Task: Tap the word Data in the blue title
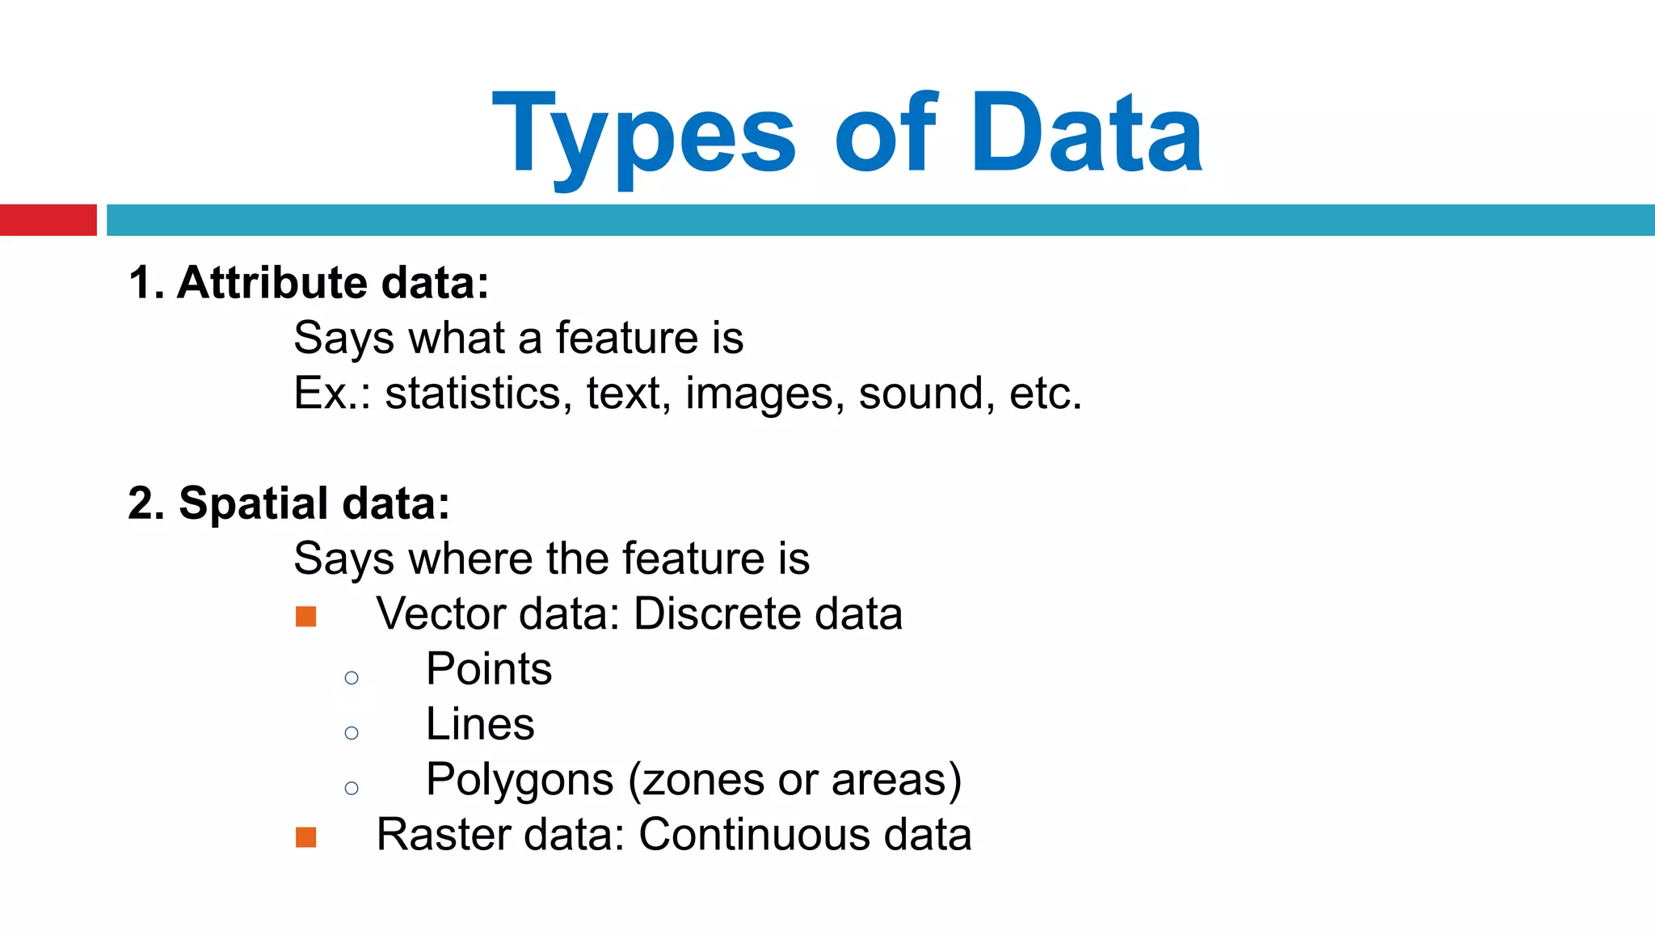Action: click(x=1087, y=133)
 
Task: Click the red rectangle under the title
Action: click(x=48, y=220)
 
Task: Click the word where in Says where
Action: click(x=470, y=558)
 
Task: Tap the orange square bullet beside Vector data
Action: click(x=306, y=617)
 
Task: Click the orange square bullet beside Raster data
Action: click(x=306, y=837)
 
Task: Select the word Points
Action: click(x=489, y=669)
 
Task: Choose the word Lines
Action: click(x=480, y=724)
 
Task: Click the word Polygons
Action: click(x=520, y=781)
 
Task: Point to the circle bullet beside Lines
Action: click(x=352, y=733)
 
